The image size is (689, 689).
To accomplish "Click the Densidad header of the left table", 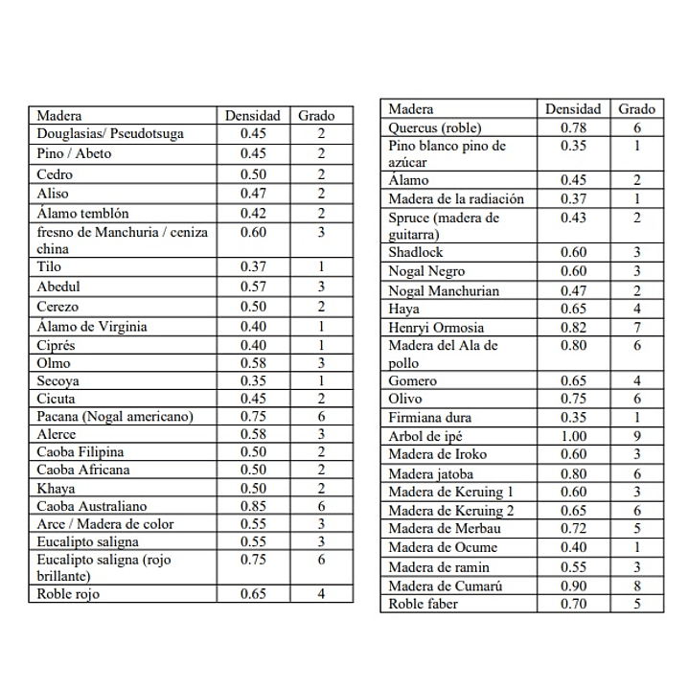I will [x=252, y=116].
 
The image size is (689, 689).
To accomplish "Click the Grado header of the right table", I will [x=636, y=109].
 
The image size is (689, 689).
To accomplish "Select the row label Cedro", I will [x=54, y=174].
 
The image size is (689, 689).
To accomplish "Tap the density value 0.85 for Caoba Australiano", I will [x=253, y=506].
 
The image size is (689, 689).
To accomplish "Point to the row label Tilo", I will [x=48, y=267].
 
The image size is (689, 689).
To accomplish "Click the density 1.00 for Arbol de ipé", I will [x=573, y=437].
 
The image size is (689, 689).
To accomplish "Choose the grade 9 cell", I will [x=636, y=437].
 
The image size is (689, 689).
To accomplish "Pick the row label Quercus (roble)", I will [x=434, y=127].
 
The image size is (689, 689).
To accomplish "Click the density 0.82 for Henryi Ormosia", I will [x=573, y=328].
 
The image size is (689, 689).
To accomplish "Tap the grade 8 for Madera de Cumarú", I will [x=636, y=586].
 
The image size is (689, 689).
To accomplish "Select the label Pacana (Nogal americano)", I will [x=115, y=416].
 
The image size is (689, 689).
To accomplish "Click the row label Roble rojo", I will [x=68, y=594].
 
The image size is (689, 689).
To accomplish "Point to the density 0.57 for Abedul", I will [x=253, y=287].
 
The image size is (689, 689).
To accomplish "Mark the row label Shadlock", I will [x=415, y=253].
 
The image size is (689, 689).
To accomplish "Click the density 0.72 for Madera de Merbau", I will [x=573, y=528].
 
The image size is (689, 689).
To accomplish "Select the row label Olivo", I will [x=405, y=399].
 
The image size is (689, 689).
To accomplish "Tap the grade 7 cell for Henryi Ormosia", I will [x=636, y=328].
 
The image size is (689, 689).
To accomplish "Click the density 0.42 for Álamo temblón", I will [x=253, y=214].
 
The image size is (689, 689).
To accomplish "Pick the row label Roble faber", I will [x=423, y=604].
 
